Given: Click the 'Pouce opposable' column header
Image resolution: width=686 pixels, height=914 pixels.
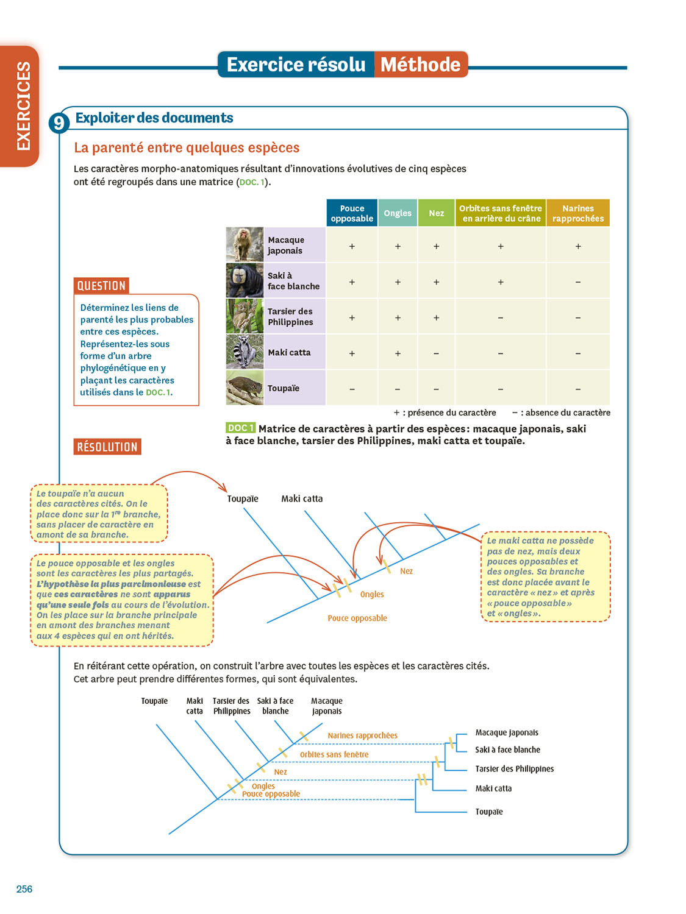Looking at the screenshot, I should [352, 213].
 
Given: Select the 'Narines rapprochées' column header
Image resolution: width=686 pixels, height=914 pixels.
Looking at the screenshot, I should [577, 213].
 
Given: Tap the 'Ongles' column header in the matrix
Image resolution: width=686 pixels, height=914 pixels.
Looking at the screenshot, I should [398, 213].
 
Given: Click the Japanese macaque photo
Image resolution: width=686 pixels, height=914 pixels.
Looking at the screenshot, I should [245, 245].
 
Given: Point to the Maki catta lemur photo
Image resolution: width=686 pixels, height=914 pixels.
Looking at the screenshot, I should [245, 352].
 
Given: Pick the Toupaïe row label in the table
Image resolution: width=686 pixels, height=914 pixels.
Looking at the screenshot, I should [284, 388].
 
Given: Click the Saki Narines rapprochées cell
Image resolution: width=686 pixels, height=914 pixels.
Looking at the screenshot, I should [577, 282].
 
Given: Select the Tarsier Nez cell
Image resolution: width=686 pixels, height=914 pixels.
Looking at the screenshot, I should [436, 317].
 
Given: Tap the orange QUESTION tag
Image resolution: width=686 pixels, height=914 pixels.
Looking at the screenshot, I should [102, 286].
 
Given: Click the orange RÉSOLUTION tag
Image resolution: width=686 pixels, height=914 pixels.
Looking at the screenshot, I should [107, 447].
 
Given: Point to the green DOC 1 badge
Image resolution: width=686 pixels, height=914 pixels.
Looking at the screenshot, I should [240, 428].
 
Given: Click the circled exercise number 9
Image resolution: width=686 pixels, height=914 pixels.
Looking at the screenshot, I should [59, 123].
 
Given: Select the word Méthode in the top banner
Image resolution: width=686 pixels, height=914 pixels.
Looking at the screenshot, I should [421, 65].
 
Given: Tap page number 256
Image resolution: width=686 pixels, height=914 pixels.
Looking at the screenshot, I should [24, 889].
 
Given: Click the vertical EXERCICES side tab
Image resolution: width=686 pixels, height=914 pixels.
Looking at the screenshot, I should [23, 105].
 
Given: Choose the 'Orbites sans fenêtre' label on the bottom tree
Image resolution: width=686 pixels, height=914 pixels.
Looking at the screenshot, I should [334, 754].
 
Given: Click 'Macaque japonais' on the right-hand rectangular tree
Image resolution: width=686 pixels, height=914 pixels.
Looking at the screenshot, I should [507, 732].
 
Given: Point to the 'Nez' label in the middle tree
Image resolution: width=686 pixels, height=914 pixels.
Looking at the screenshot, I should [406, 571].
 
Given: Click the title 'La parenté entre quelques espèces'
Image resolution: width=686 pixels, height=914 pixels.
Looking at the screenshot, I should [187, 148].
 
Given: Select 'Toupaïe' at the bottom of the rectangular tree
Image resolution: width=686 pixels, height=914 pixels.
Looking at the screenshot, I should [489, 812].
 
